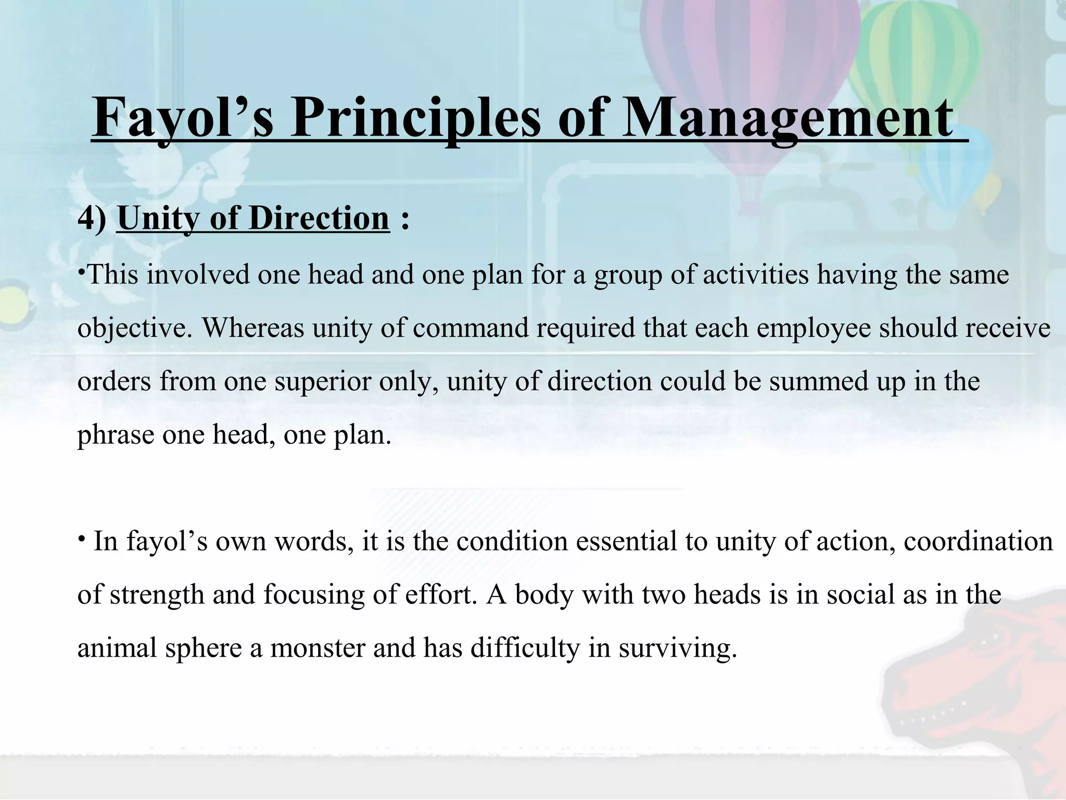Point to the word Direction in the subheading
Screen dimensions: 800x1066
tap(319, 218)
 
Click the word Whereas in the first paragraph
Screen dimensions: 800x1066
tap(253, 328)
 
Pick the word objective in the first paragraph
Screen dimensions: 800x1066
tap(135, 328)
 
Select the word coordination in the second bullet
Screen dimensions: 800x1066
tap(978, 542)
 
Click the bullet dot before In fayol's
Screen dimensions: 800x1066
tap(82, 537)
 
